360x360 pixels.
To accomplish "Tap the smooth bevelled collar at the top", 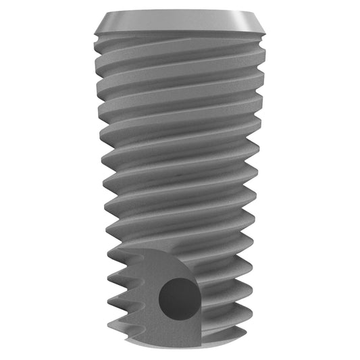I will pyautogui.click(x=180, y=24).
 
